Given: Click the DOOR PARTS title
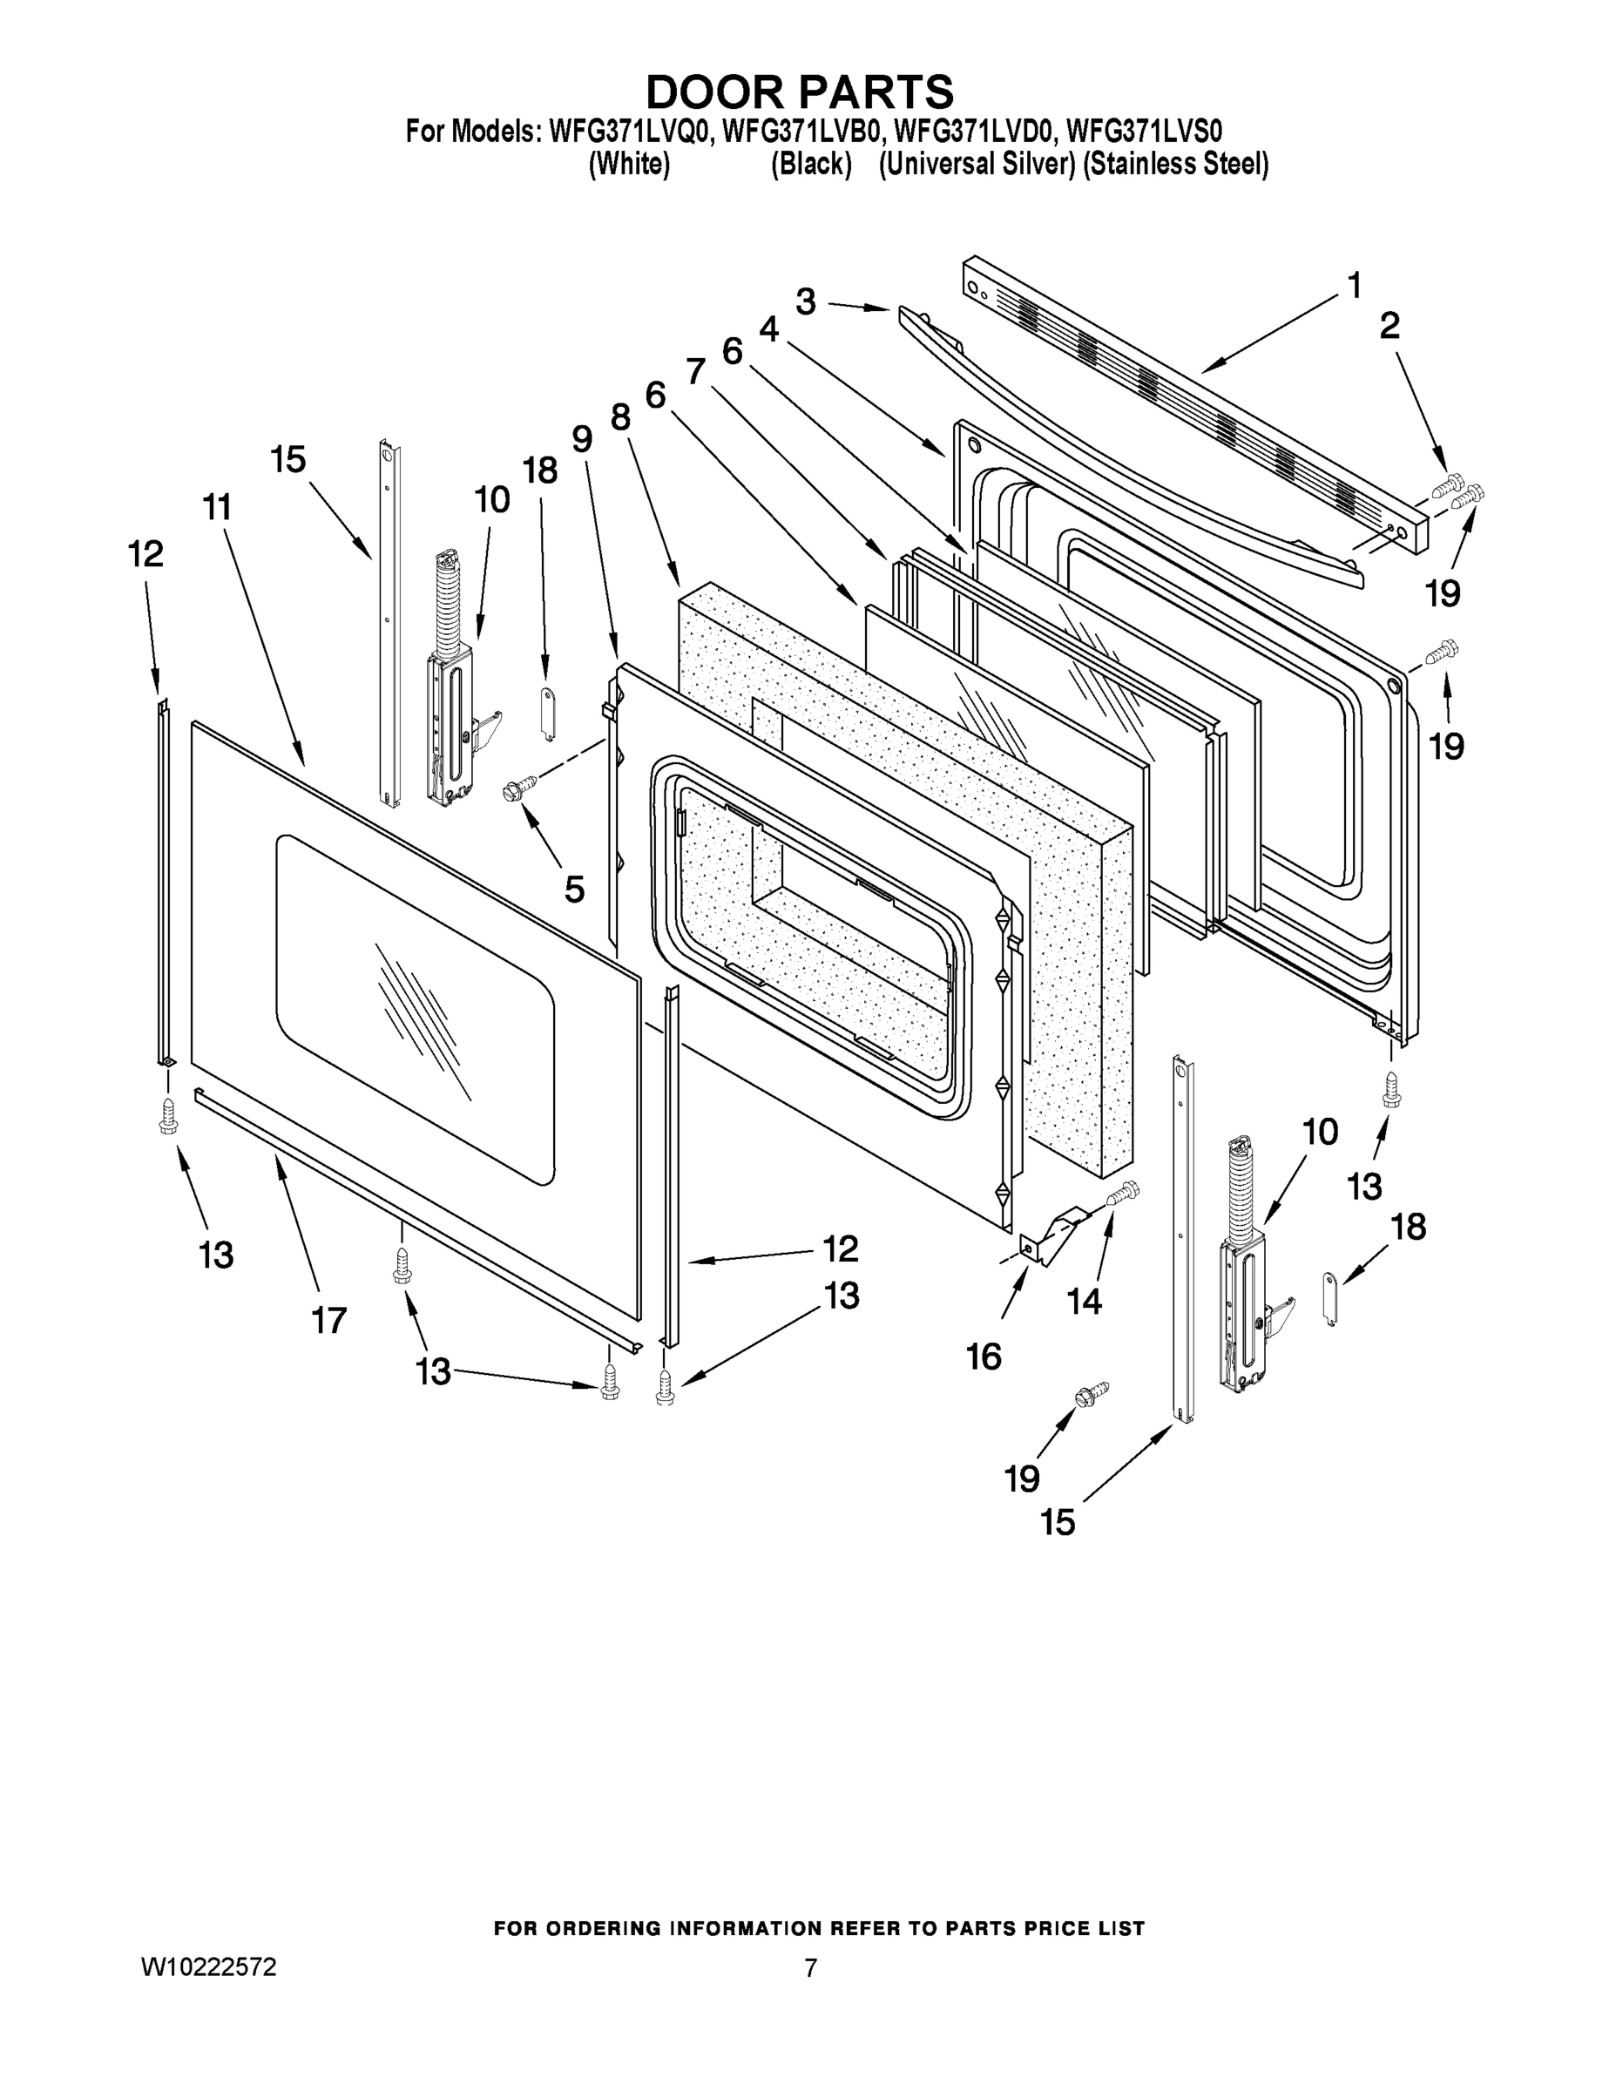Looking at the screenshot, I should [x=800, y=91].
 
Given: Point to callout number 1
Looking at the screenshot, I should [x=1354, y=285].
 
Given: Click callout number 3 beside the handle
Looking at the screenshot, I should [x=805, y=301].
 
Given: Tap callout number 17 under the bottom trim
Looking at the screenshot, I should [x=328, y=1320].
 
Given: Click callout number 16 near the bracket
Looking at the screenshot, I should [x=984, y=1356].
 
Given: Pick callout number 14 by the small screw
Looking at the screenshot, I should [x=1085, y=1301].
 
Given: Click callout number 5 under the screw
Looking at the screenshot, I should [x=573, y=889].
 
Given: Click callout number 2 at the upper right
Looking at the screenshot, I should [x=1389, y=327].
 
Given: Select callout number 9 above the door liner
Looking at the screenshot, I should [x=582, y=438].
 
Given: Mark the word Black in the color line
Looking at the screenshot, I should [x=811, y=165].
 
